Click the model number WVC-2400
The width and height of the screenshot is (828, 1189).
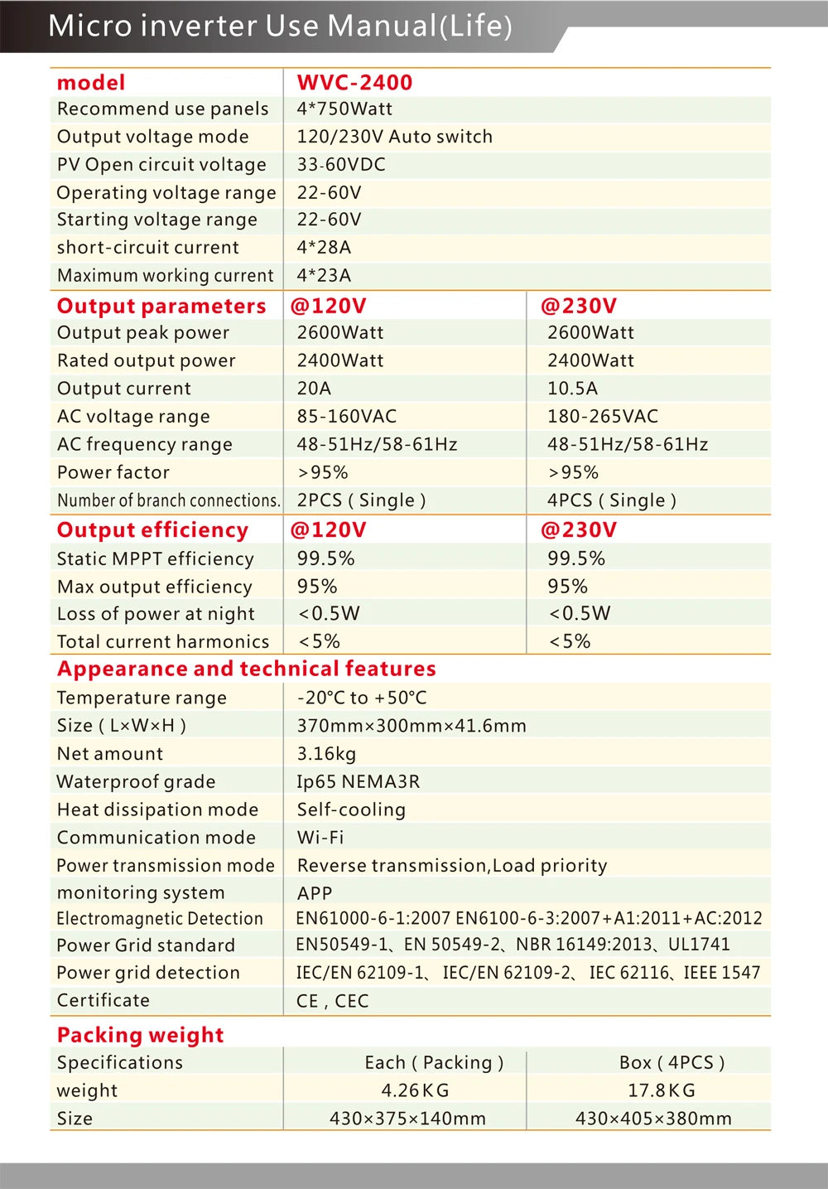pos(354,83)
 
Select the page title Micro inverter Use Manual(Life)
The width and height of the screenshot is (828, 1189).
pos(280,26)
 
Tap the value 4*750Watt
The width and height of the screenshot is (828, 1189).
pos(344,109)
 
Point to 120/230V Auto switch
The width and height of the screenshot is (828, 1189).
pos(394,137)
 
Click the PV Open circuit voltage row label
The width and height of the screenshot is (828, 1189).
pos(161,165)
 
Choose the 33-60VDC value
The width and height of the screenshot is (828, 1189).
pos(341,165)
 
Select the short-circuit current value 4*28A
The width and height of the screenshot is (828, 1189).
pos(324,248)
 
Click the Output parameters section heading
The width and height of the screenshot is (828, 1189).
pos(161,306)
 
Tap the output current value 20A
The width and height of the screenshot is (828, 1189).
pos(314,389)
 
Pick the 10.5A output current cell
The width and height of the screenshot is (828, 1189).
pos(572,389)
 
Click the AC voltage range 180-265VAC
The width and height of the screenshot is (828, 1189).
pos(602,417)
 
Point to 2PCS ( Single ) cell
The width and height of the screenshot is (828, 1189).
pos(361,500)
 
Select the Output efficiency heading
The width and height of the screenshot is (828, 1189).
pos(152,529)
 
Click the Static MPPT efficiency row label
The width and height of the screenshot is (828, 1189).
pos(155,559)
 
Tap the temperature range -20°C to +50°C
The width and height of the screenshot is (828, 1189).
pos(362,698)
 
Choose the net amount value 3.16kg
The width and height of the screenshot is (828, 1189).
pos(326,754)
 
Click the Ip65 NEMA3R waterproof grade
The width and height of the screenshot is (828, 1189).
pos(358,782)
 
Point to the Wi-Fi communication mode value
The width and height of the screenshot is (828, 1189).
pos(320,838)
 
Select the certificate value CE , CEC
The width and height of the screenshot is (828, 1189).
pos(332,1001)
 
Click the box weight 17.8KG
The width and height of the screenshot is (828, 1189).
pos(661,1090)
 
